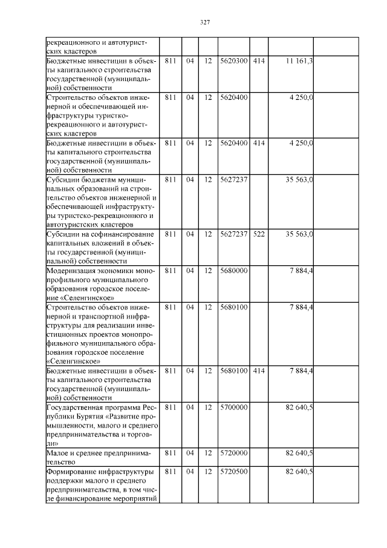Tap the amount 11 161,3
300,62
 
